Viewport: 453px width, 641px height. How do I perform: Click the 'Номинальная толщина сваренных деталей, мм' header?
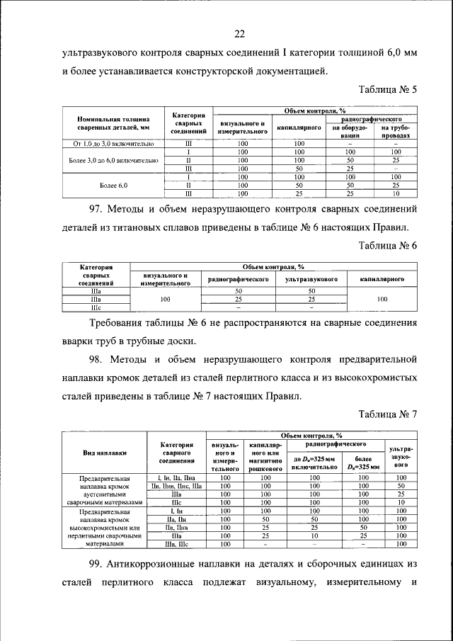pyautogui.click(x=108, y=123)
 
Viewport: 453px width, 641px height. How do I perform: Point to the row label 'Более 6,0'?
pyautogui.click(x=108, y=185)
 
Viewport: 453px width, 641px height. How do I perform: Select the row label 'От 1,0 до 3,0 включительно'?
pyautogui.click(x=108, y=144)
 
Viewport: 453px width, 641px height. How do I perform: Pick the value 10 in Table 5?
pyautogui.click(x=396, y=193)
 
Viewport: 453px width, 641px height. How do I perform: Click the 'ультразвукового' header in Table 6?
pyautogui.click(x=311, y=280)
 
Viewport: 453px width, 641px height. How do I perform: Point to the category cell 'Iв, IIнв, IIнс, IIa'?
pyautogui.click(x=176, y=487)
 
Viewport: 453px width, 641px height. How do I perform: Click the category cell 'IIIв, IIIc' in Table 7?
pyautogui.click(x=176, y=544)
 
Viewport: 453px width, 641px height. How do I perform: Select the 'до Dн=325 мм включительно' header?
pyautogui.click(x=313, y=463)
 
